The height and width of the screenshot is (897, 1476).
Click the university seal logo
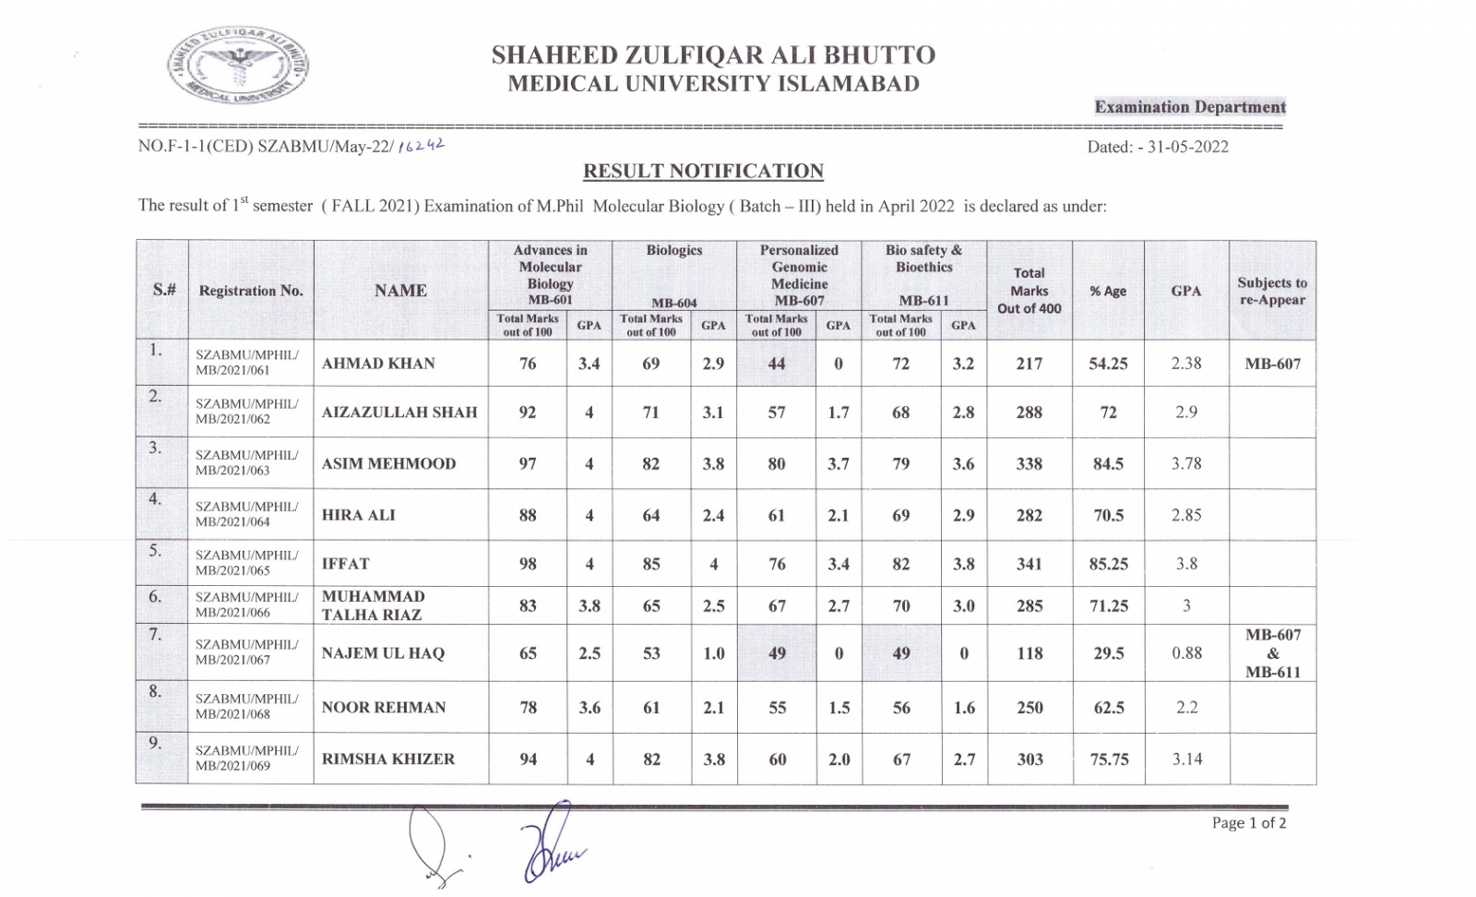coord(238,65)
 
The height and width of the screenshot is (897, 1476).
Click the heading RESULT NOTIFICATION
coord(703,172)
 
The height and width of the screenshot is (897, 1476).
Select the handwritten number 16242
coord(421,145)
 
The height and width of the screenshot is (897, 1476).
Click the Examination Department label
coord(1189,107)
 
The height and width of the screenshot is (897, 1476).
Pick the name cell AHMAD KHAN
coord(378,364)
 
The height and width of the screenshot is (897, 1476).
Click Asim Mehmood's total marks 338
coord(1029,463)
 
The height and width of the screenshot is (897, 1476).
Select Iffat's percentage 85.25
coord(1108,564)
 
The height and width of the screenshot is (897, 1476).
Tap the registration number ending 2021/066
coord(246,604)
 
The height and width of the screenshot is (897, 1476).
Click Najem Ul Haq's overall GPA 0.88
coord(1186,652)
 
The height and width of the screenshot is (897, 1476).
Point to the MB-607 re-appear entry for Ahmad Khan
coord(1272,364)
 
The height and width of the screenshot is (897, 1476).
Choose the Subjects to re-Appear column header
coord(1272,291)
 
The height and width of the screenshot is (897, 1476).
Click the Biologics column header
coord(674,251)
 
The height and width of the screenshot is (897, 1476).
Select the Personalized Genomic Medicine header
coord(799,275)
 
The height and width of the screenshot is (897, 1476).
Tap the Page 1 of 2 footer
coord(1248,822)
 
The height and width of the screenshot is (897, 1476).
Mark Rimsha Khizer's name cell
coord(388,759)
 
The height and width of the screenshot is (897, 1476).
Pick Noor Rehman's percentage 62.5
coord(1108,708)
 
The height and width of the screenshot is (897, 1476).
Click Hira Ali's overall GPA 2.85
coord(1186,515)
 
